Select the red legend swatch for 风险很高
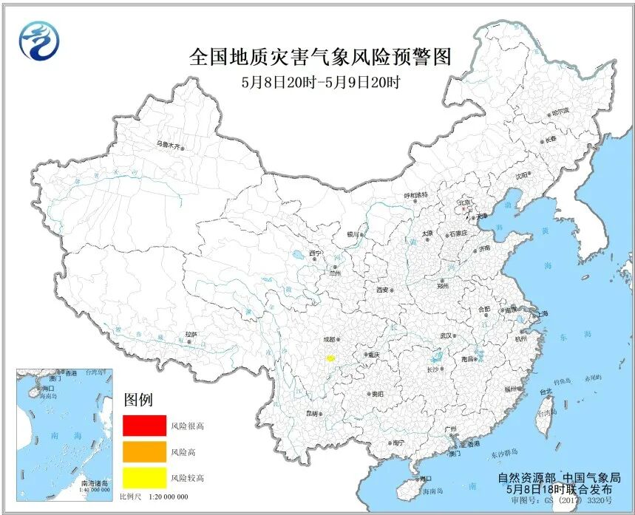[144, 426]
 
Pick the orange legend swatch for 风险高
[144, 451]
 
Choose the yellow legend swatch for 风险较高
[144, 478]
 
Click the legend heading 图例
[138, 400]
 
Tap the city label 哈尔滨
[562, 112]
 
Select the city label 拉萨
[191, 335]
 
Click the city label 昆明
[310, 413]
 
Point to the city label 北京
[464, 201]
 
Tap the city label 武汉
[445, 335]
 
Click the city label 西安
[381, 290]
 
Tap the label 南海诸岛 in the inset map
[95, 482]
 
